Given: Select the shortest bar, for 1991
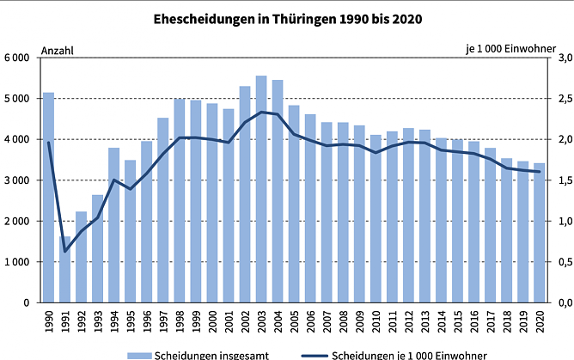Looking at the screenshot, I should (64, 270).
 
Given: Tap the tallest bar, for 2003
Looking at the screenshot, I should (261, 189).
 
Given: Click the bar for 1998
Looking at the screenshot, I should (180, 201).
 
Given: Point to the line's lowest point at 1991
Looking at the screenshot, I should (64, 252).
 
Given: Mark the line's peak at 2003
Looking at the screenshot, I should (261, 112).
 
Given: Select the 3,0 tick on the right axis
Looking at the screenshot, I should (561, 58).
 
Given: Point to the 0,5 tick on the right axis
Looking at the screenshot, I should (561, 262).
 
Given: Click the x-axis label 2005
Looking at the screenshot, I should (294, 323).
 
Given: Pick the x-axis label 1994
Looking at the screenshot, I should (114, 323).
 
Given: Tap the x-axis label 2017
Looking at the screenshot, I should (491, 323).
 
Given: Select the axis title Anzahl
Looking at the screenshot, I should (57, 50).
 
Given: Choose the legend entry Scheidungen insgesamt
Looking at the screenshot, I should (198, 354).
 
